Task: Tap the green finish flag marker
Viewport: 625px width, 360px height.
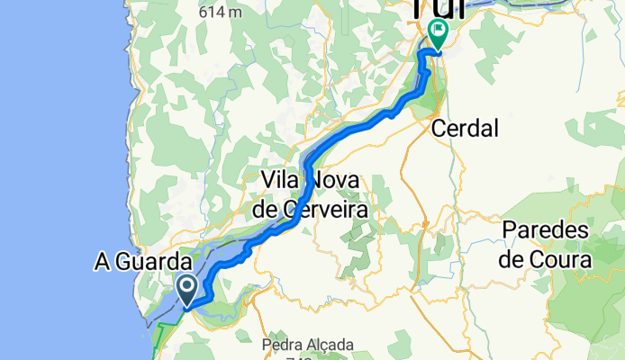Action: tap(438, 33)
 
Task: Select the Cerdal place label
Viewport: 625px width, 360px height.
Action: tap(465, 129)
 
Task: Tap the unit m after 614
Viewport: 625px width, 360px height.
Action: tap(236, 13)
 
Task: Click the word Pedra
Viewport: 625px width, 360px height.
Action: tap(285, 344)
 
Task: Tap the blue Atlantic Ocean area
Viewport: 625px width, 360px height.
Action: tap(54, 180)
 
